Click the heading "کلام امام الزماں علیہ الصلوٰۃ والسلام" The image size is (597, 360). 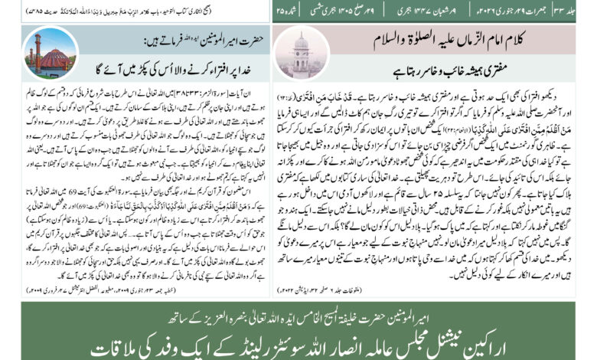click(x=449, y=38)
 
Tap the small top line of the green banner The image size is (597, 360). click(x=298, y=316)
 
